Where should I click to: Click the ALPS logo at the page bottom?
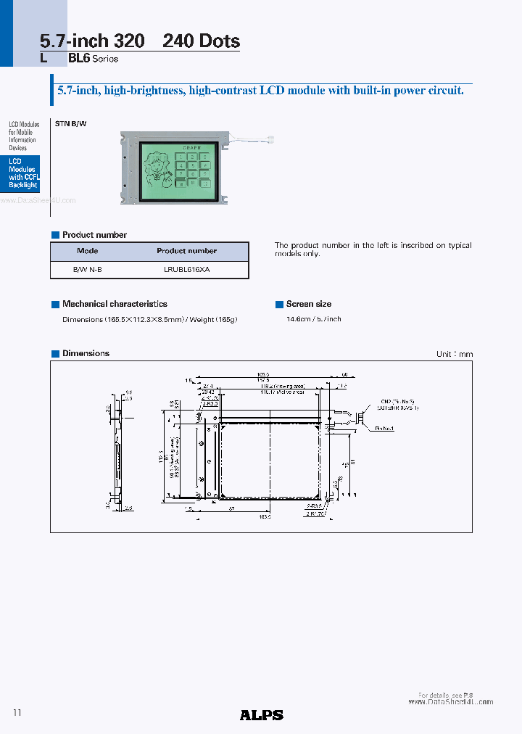tap(261, 714)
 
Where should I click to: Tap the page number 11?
tap(18, 713)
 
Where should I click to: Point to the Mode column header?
tap(87, 251)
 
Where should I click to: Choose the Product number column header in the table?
tap(186, 251)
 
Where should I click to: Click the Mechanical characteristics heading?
tap(115, 304)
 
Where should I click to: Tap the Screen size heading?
tap(309, 304)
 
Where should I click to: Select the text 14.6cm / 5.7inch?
tap(313, 319)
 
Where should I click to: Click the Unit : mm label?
tap(454, 354)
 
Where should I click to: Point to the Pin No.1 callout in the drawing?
tap(384, 429)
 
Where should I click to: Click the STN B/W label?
tap(70, 124)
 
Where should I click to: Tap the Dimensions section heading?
tap(86, 353)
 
